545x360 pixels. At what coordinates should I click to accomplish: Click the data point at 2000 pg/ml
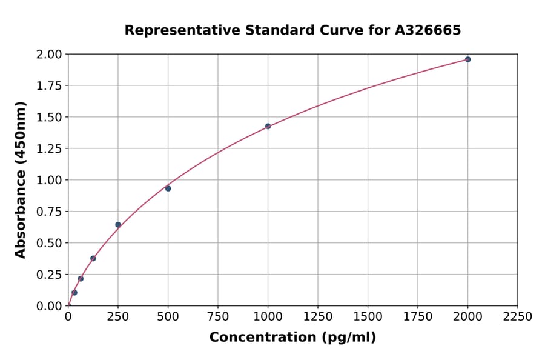pyautogui.click(x=467, y=59)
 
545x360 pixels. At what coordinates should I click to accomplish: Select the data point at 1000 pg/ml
pyautogui.click(x=268, y=126)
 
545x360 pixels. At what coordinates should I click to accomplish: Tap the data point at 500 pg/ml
pyautogui.click(x=168, y=188)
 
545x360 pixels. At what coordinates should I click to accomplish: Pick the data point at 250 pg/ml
pyautogui.click(x=118, y=225)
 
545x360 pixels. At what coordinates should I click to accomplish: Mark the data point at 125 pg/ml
pyautogui.click(x=93, y=258)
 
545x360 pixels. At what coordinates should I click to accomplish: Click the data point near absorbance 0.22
pyautogui.click(x=81, y=279)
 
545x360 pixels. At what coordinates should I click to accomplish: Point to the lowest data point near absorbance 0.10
pyautogui.click(x=74, y=293)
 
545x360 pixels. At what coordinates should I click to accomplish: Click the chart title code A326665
pyautogui.click(x=427, y=30)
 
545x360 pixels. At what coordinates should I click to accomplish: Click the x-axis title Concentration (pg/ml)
pyautogui.click(x=292, y=338)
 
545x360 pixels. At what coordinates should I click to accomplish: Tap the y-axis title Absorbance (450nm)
pyautogui.click(x=21, y=180)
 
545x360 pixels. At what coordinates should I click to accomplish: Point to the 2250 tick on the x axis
pyautogui.click(x=518, y=317)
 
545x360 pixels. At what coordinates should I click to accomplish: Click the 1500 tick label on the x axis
pyautogui.click(x=368, y=317)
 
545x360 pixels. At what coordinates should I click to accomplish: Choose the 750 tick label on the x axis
pyautogui.click(x=218, y=317)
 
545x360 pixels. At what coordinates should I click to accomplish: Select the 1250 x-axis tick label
pyautogui.click(x=318, y=317)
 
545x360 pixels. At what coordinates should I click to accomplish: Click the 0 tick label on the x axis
pyautogui.click(x=68, y=317)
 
